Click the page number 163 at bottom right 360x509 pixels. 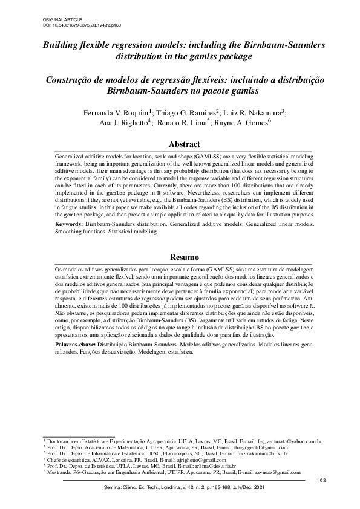tap(321, 480)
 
